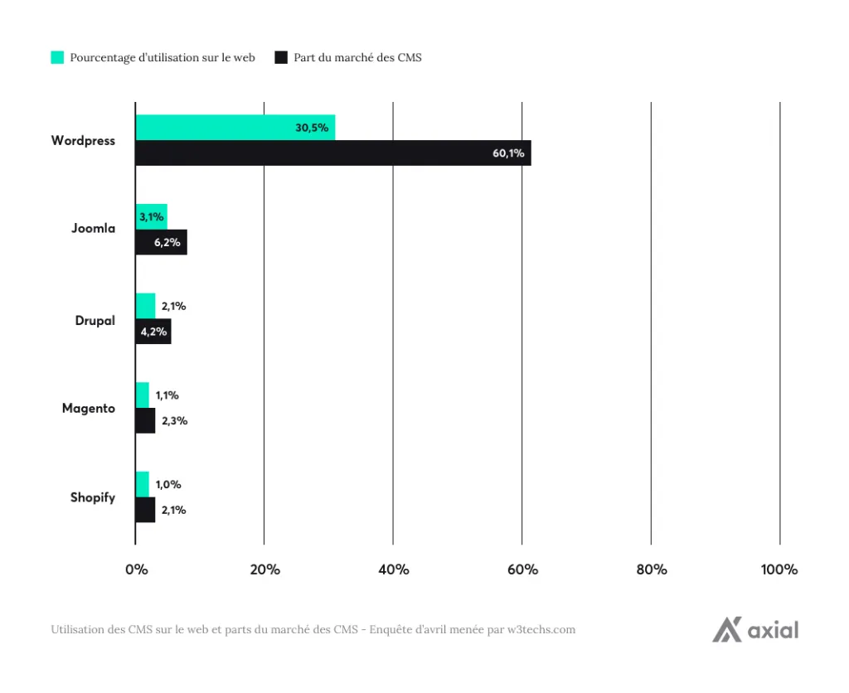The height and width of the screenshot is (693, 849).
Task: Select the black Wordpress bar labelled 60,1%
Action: (332, 153)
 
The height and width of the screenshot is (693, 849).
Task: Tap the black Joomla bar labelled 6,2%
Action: (161, 242)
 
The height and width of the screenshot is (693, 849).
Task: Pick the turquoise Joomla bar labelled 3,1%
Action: (151, 216)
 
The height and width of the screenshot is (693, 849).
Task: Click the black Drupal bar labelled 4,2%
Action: (153, 332)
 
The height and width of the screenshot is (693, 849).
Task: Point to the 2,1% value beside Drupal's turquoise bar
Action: (173, 306)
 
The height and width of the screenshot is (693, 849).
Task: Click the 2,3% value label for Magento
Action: (174, 420)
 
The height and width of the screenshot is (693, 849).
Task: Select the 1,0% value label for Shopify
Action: (168, 484)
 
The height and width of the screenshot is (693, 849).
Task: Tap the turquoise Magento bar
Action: (142, 395)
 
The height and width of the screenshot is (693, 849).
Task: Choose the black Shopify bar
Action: (145, 510)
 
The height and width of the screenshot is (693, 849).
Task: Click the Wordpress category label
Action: (83, 140)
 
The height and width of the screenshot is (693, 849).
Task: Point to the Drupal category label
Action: (95, 320)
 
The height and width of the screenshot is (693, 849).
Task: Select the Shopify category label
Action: (92, 497)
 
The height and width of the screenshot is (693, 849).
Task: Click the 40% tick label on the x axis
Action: (393, 569)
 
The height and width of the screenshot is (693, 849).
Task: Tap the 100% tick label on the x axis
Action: (779, 569)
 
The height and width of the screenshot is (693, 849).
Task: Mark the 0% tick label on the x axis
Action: (136, 569)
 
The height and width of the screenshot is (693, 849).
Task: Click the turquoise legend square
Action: (57, 57)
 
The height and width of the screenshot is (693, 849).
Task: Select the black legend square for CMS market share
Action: (280, 57)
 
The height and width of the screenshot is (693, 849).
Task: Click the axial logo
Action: (755, 630)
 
